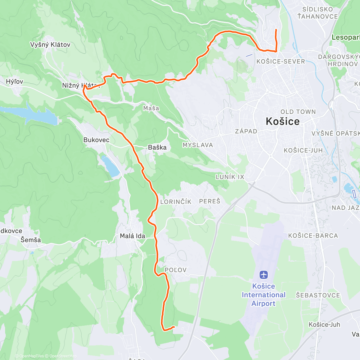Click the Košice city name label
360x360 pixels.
[283, 121]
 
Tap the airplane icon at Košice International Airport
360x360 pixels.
[264, 274]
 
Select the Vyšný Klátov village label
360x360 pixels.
[50, 45]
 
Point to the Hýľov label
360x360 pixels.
[14, 82]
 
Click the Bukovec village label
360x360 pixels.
[96, 140]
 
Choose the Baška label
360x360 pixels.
[157, 147]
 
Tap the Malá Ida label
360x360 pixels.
[132, 236]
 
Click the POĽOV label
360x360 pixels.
[175, 270]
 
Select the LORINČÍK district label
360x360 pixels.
[176, 202]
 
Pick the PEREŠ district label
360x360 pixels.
[210, 201]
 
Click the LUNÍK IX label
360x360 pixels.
[230, 177]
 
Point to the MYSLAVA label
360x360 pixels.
[198, 145]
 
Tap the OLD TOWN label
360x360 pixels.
[298, 112]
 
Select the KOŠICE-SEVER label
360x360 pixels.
[281, 61]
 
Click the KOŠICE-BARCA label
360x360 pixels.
[313, 236]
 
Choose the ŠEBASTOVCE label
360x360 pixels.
[318, 295]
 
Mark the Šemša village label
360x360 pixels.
[31, 240]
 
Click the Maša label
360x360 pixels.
[151, 108]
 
